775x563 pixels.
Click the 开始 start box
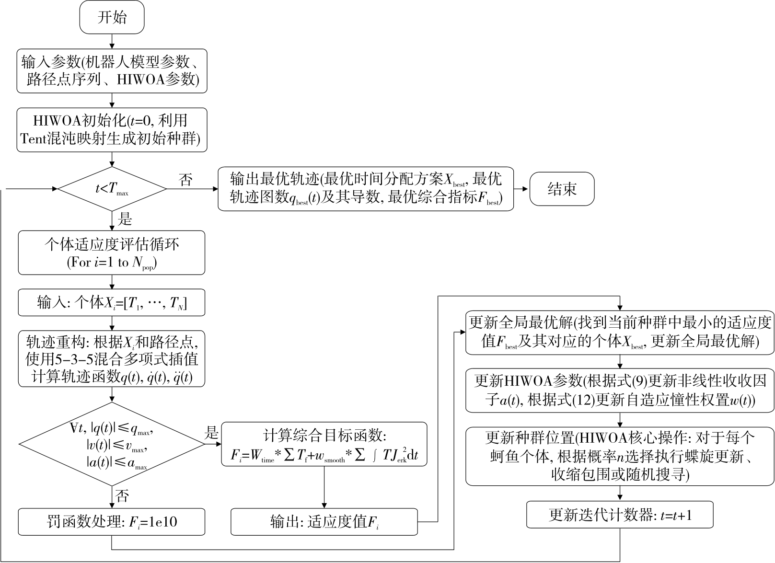click(x=112, y=18)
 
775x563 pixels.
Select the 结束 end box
click(x=562, y=189)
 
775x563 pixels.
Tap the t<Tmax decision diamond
click(x=112, y=189)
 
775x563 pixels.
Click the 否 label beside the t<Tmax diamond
click(x=186, y=180)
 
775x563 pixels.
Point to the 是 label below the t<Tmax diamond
click(x=125, y=220)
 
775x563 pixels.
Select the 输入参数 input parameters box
click(x=112, y=70)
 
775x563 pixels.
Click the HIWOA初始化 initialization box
click(x=112, y=130)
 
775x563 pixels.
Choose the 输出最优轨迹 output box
click(x=366, y=189)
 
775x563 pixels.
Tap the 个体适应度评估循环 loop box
click(x=112, y=253)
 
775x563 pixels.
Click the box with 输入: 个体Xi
click(x=112, y=302)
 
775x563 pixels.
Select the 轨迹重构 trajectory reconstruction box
click(x=112, y=358)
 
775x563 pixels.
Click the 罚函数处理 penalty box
click(x=112, y=522)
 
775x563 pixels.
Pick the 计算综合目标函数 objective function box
click(x=324, y=444)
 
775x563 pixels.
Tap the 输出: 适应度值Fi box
click(x=324, y=522)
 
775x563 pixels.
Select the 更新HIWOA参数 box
click(x=620, y=391)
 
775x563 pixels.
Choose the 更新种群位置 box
click(x=620, y=456)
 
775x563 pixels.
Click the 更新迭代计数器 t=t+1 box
click(x=620, y=515)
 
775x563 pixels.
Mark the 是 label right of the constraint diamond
click(x=211, y=434)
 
